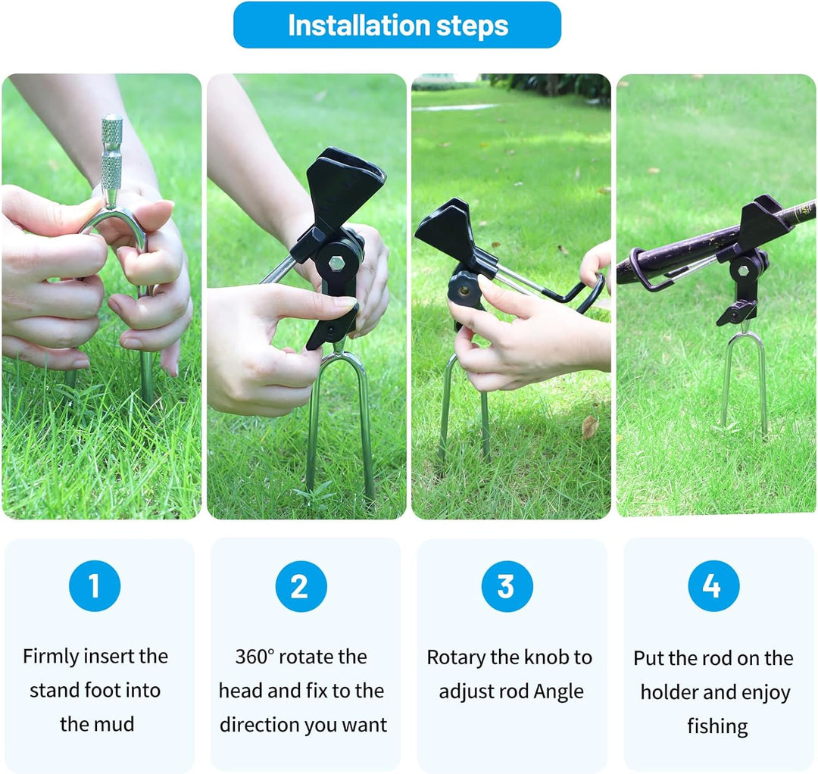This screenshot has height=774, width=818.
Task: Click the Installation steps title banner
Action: (x=397, y=25)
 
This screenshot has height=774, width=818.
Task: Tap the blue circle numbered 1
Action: (x=95, y=585)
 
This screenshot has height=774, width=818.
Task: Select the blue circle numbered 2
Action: (x=301, y=586)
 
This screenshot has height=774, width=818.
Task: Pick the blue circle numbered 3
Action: (x=507, y=586)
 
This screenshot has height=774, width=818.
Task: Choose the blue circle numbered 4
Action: (x=713, y=585)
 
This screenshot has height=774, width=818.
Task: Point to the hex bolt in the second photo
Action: (x=336, y=263)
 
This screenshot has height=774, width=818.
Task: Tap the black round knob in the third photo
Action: (x=464, y=289)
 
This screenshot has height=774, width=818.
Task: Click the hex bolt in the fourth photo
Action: (x=743, y=271)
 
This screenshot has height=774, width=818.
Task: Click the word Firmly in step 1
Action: (x=50, y=657)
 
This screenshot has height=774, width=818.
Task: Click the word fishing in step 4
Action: (x=717, y=726)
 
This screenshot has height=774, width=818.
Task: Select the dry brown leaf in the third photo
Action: (x=589, y=426)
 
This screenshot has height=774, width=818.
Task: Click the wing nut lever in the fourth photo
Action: (x=735, y=313)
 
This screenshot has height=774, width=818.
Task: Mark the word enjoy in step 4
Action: (x=766, y=693)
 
